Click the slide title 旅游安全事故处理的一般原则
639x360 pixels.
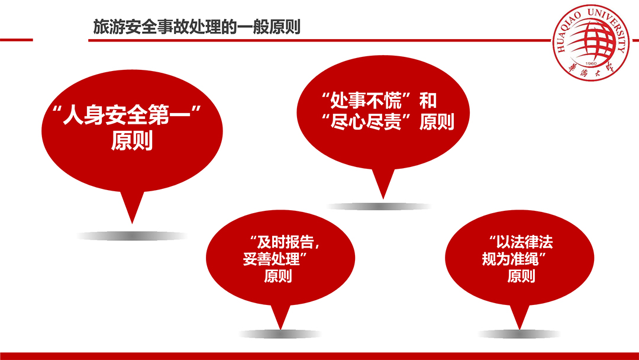click(x=197, y=27)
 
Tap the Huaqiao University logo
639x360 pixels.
click(x=590, y=43)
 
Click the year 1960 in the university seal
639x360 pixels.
click(x=590, y=63)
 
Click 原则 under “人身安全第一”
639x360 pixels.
click(x=132, y=141)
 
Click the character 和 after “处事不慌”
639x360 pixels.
click(x=428, y=101)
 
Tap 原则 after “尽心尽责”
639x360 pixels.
click(x=437, y=122)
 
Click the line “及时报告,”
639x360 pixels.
click(x=285, y=242)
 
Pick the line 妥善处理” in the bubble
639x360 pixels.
click(x=275, y=259)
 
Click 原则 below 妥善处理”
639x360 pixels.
click(x=278, y=276)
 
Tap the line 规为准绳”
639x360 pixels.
click(x=514, y=259)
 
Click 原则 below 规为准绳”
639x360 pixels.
click(x=521, y=276)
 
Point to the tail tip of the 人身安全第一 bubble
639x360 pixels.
click(x=132, y=223)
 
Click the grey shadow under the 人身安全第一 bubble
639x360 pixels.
click(x=132, y=236)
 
